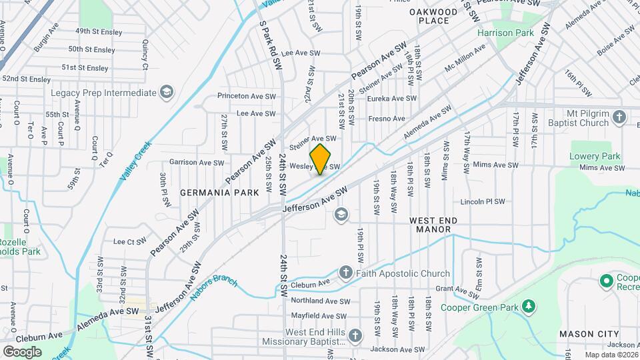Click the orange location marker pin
(x=321, y=159)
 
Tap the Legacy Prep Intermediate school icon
(x=167, y=93)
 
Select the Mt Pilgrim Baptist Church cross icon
(x=619, y=118)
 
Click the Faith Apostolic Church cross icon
(x=345, y=273)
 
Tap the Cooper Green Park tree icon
(x=529, y=307)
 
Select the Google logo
(x=22, y=351)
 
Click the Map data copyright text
(x=611, y=355)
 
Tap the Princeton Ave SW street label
(x=247, y=96)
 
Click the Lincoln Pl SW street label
(x=483, y=201)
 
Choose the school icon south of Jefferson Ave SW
(x=341, y=214)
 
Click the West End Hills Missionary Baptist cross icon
(x=355, y=337)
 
